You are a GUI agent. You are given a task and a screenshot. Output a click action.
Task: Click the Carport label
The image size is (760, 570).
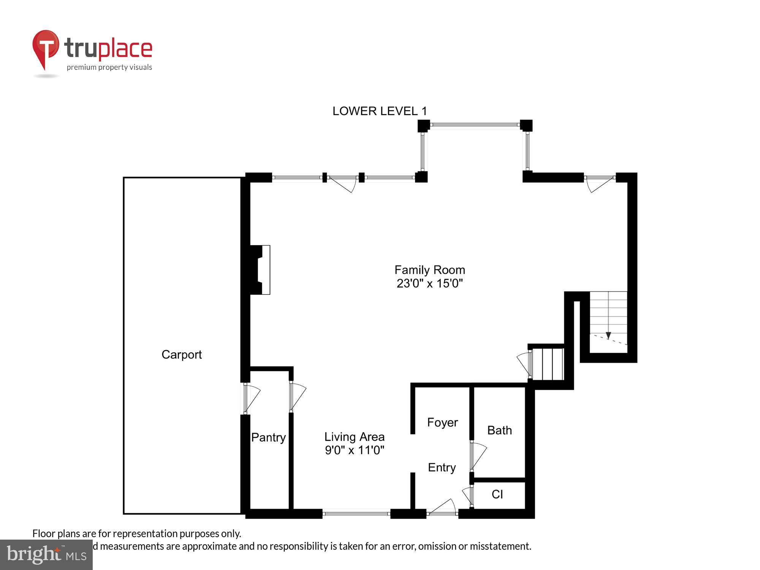181,355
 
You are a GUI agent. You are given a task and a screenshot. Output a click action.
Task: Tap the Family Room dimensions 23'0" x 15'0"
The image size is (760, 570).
429,283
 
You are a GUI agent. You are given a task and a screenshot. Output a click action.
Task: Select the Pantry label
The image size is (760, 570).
268,437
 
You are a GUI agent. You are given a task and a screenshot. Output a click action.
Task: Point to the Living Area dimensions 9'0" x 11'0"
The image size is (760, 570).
354,450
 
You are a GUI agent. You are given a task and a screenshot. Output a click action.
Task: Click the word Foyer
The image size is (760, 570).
442,423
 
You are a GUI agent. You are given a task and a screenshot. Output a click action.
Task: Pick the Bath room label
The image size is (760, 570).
499,431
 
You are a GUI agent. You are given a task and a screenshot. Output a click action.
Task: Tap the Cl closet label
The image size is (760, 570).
497,494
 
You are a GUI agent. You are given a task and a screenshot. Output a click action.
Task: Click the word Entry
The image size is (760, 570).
442,467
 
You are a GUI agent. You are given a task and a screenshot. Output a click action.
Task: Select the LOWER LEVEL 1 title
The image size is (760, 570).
380,111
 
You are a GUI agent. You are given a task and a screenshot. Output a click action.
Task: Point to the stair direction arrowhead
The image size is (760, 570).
608,336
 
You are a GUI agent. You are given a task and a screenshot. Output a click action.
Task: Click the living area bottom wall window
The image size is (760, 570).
356,514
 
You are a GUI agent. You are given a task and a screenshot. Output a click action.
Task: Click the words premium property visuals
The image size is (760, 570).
109,68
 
